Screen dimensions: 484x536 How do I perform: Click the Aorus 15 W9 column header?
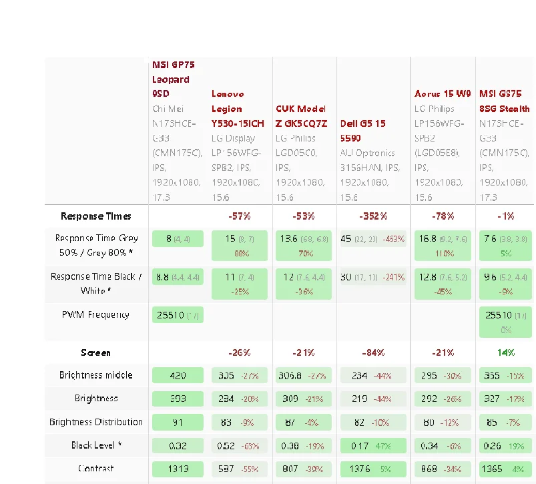coord(443,94)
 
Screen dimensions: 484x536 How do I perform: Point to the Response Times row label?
coord(96,216)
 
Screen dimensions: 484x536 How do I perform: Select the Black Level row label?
coord(97,445)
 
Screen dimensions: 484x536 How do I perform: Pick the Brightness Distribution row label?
coord(96,422)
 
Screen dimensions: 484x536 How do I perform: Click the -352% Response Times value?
coord(372,216)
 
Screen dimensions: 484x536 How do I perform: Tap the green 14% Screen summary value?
coord(506,352)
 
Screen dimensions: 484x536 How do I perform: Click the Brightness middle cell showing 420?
coord(178,376)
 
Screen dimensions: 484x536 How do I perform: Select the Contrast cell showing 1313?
coord(178,469)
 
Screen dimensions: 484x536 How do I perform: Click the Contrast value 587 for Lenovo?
coord(226,469)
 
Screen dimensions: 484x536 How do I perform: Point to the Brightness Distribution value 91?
coord(178,422)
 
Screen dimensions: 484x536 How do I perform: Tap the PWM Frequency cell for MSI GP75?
coord(178,315)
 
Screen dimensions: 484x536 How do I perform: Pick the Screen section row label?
coord(96,352)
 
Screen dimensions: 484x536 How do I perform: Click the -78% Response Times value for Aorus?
coord(443,216)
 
